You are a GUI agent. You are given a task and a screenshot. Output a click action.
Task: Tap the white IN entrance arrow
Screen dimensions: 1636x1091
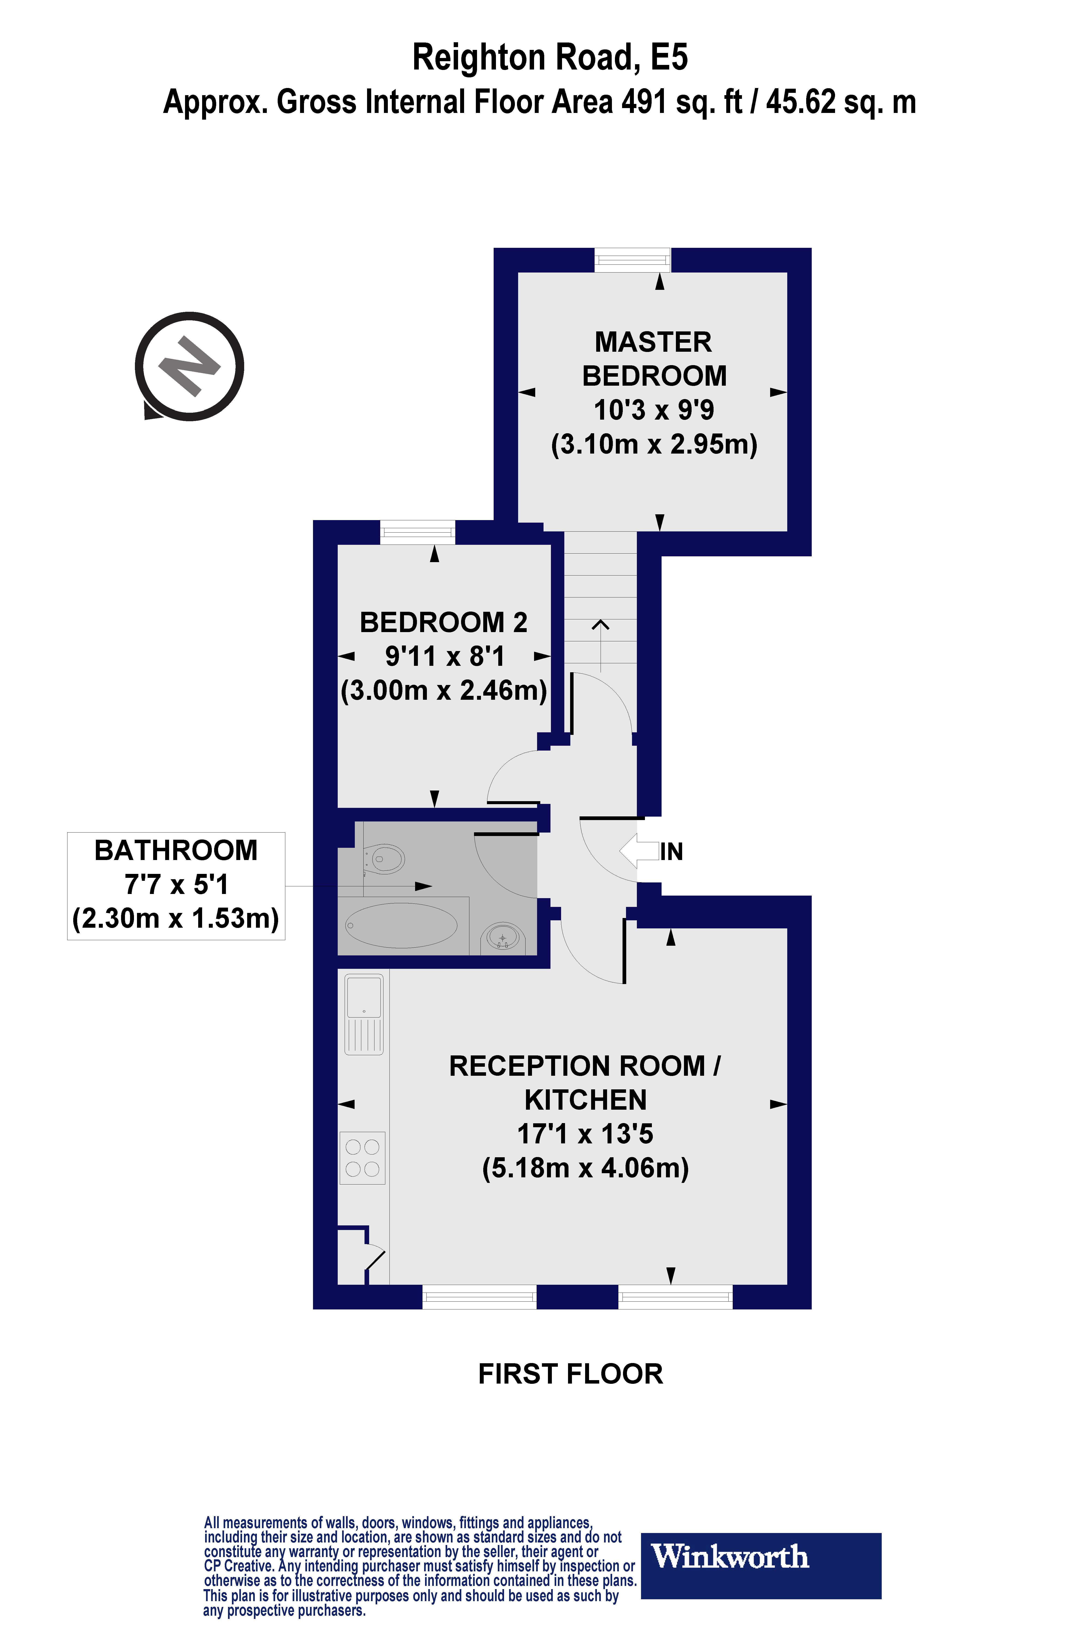click(x=638, y=851)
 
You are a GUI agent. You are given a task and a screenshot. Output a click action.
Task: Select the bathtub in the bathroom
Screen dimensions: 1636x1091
click(x=401, y=925)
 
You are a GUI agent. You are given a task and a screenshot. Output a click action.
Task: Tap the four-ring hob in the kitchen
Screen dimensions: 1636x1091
click(x=362, y=1157)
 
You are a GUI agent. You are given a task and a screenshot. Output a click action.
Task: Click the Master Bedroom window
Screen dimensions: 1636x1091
click(x=632, y=260)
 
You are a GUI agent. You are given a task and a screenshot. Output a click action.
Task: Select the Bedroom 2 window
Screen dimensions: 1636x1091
click(x=417, y=533)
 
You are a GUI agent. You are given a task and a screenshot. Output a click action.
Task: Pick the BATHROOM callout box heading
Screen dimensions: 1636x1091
click(x=176, y=850)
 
